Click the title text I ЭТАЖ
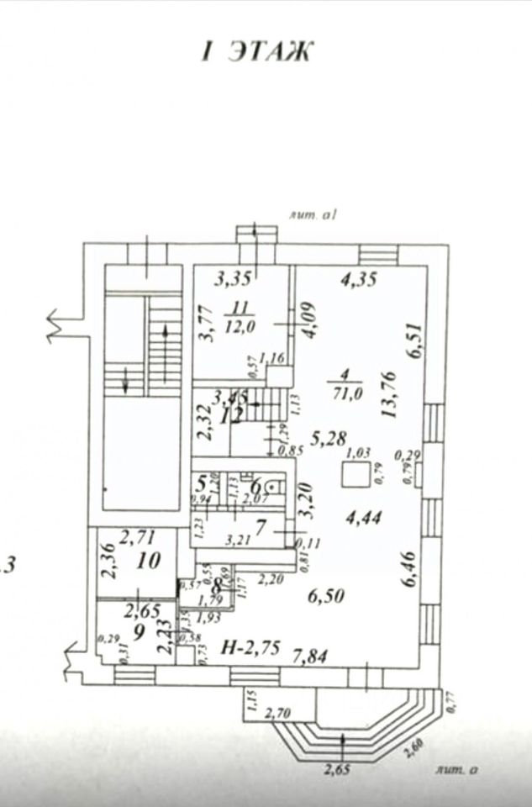click(255, 51)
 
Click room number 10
click(149, 561)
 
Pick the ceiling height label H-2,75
click(250, 647)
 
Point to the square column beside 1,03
click(352, 477)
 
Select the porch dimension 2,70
click(278, 715)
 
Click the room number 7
click(261, 529)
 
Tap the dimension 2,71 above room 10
click(137, 535)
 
